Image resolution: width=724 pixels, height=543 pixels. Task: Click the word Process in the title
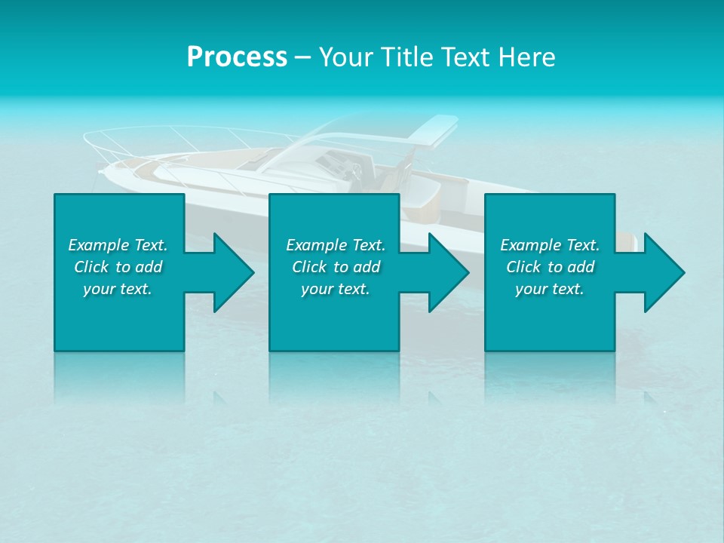point(237,57)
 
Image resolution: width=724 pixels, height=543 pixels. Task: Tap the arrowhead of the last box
point(663,272)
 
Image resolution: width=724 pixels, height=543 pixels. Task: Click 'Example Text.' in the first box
point(118,245)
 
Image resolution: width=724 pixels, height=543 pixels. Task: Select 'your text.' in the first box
point(118,289)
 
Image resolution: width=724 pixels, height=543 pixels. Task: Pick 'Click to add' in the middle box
point(336,267)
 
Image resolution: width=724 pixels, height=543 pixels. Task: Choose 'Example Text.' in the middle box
point(336,245)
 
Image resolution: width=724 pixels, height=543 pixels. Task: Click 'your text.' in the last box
point(550,289)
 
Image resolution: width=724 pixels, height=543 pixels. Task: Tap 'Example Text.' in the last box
point(550,245)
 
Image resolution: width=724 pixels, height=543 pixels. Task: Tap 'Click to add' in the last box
point(550,267)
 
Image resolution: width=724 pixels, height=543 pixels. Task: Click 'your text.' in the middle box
point(336,289)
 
